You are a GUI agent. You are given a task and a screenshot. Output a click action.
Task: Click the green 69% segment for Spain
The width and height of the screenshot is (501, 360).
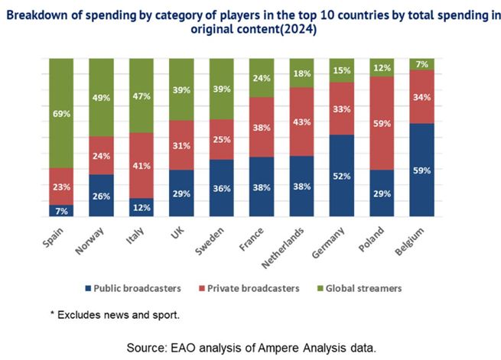[x=61, y=113]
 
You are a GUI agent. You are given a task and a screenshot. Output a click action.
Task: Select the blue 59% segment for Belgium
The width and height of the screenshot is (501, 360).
[x=424, y=170]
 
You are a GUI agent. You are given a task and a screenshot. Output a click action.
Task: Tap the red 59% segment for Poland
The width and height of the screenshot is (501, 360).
[x=383, y=122]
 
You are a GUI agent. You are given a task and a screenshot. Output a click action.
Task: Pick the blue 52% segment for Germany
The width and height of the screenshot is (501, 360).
[x=343, y=176]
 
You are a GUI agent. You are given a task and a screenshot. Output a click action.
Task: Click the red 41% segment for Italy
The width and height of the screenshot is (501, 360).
[x=142, y=165]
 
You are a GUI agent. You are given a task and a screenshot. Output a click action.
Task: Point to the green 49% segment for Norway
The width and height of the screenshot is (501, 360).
[x=101, y=97]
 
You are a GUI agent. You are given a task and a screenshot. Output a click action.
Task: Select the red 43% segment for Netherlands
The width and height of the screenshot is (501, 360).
[x=303, y=122]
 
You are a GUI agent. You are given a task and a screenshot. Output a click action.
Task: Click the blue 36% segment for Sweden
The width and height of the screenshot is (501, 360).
[x=222, y=188]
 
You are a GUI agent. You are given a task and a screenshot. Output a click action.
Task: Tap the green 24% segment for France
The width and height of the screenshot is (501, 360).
[x=262, y=77]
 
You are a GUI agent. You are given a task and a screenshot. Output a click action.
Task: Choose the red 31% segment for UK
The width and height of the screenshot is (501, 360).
[x=181, y=145]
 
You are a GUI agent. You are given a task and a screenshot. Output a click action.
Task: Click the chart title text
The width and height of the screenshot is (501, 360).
[x=250, y=22]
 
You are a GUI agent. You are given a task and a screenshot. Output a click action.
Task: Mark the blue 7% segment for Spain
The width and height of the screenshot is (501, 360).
[x=61, y=211]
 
